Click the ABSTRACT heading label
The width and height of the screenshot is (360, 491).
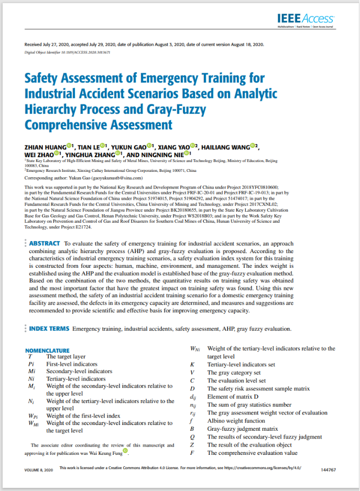(44, 244)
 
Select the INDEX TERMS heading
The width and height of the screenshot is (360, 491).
(49, 329)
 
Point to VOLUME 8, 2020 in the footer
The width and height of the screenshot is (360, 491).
(39, 470)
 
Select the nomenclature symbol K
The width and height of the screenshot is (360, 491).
(192, 364)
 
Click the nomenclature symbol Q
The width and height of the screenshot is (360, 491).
(193, 437)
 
